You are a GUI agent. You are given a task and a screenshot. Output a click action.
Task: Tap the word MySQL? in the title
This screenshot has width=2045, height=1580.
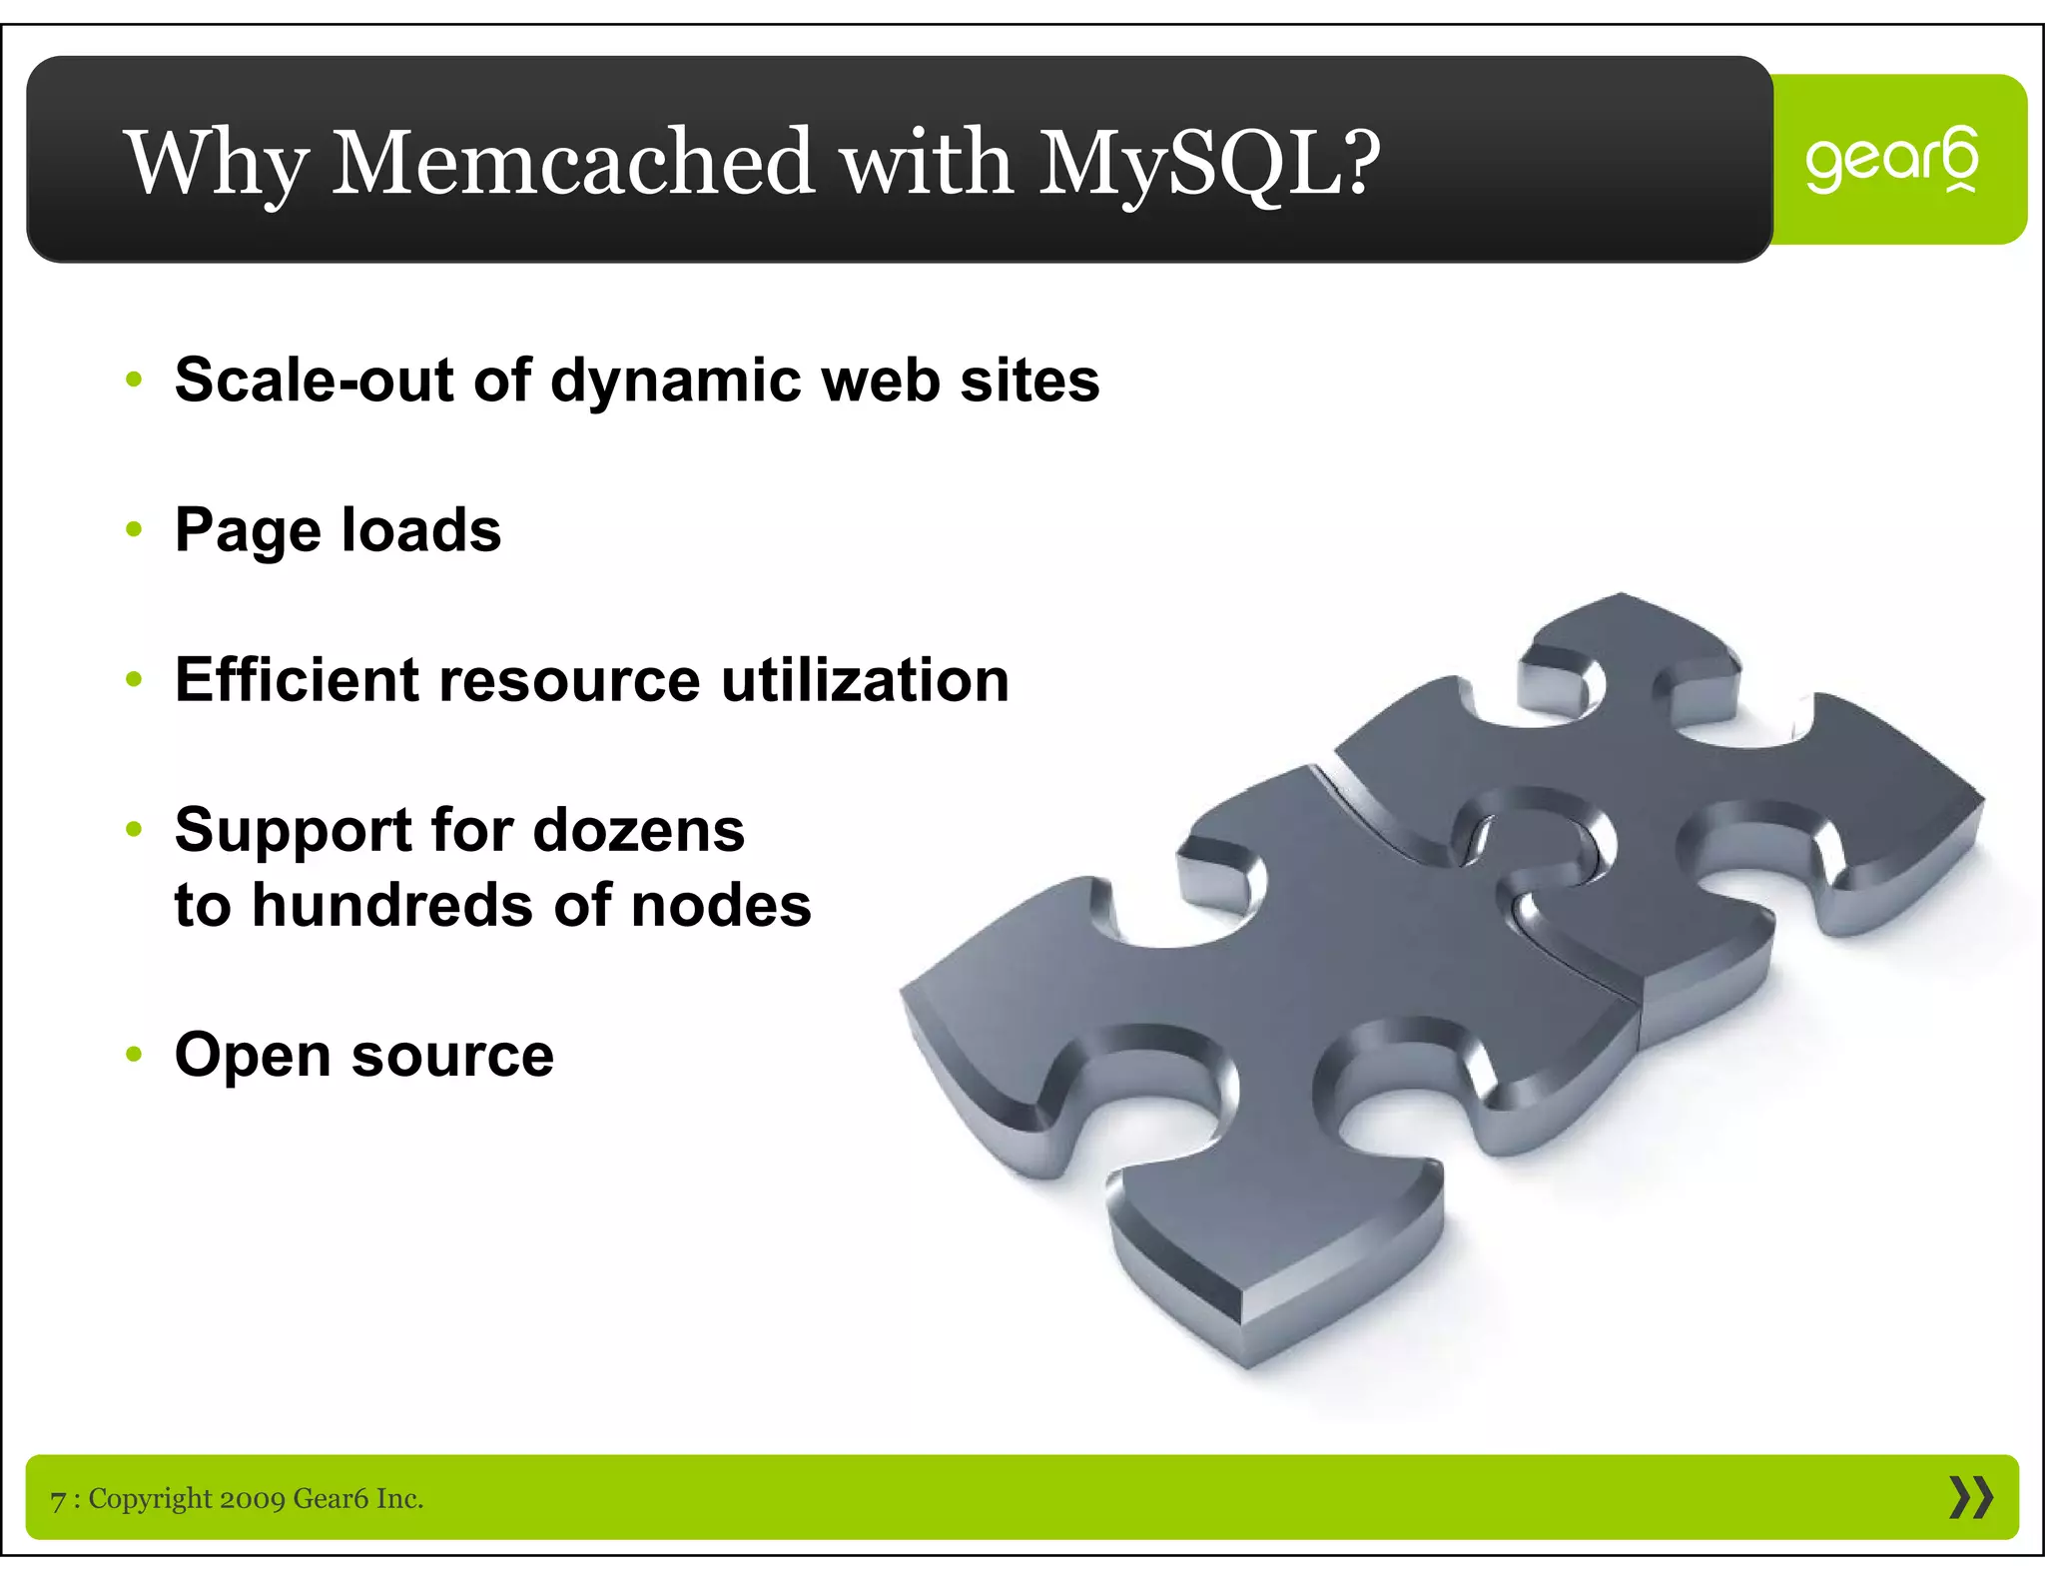(1209, 162)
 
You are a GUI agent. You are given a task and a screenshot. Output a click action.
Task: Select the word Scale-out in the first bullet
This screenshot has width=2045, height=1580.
(314, 380)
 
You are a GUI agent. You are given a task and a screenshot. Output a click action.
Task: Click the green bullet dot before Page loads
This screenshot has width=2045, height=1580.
(135, 529)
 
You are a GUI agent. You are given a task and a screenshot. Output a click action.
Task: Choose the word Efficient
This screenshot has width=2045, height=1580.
(297, 680)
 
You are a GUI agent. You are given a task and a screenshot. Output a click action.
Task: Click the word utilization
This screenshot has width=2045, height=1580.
(865, 680)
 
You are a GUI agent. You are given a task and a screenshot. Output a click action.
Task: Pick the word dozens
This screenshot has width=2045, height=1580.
(638, 830)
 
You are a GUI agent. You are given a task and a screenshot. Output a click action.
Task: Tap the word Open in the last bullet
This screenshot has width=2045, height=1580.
(253, 1056)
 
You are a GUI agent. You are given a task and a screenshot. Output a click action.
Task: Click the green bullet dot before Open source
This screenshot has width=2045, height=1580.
(135, 1055)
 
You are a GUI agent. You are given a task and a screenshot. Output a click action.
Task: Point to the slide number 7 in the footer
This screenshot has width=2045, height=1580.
(58, 1499)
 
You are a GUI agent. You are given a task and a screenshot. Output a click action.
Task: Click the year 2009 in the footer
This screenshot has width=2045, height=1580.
(252, 1498)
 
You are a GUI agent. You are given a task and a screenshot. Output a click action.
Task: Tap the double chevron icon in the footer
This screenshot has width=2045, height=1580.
(1970, 1497)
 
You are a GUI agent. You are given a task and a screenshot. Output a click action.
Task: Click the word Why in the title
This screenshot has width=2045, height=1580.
(217, 162)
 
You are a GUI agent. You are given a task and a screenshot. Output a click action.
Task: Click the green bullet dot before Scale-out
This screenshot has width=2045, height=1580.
(135, 380)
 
